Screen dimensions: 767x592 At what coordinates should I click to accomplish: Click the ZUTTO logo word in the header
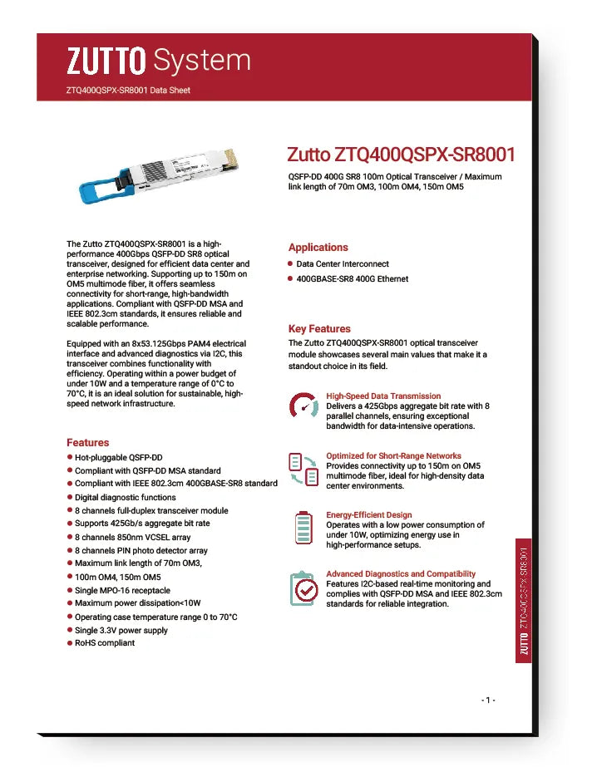point(106,60)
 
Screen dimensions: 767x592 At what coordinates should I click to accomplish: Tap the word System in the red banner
point(202,60)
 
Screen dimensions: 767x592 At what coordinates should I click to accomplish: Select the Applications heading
point(318,247)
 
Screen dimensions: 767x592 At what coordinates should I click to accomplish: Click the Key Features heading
point(319,328)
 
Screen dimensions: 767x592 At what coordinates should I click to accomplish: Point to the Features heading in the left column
point(87,442)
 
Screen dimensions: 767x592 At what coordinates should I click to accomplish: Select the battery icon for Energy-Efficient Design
point(303,527)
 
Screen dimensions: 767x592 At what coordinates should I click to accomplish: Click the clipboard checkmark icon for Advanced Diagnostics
point(304,588)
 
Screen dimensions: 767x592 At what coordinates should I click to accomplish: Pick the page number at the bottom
point(488,700)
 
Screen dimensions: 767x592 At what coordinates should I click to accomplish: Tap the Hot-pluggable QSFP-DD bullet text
point(118,457)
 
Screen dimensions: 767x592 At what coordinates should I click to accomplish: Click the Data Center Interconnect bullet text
point(343,264)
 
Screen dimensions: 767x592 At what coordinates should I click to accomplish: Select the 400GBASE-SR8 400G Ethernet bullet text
point(353,279)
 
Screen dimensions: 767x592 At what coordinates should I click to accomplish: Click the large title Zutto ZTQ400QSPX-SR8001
point(401,155)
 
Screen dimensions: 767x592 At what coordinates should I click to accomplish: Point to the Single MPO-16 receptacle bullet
point(122,590)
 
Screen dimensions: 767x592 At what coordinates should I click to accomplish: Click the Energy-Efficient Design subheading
point(368,514)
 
